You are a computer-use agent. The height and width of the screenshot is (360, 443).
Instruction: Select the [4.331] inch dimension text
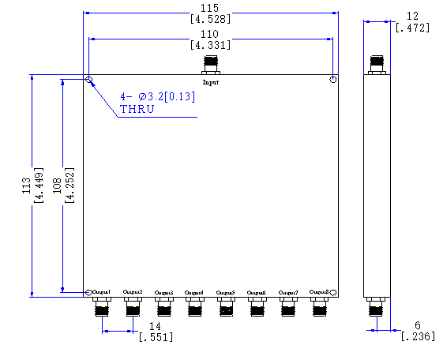(x=210, y=45)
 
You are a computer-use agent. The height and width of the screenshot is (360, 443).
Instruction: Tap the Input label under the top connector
(x=210, y=82)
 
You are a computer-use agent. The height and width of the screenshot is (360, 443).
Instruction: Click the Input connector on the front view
(x=210, y=64)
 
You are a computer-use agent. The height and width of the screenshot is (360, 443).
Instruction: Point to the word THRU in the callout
(x=137, y=109)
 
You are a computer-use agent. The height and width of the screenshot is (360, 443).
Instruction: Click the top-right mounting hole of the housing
(x=333, y=80)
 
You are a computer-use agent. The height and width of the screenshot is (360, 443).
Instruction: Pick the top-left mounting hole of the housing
(x=88, y=80)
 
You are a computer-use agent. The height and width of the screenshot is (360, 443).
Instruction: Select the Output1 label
(x=101, y=292)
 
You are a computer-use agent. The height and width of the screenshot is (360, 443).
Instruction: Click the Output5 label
(x=226, y=293)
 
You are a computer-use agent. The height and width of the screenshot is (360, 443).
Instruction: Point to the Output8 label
(x=319, y=291)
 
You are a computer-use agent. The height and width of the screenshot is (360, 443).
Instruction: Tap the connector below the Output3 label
(x=163, y=306)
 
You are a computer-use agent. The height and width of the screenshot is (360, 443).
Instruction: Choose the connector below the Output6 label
(x=257, y=306)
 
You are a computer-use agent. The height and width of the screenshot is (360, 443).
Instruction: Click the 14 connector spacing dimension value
(x=156, y=326)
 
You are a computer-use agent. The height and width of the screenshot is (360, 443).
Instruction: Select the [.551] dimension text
(x=156, y=337)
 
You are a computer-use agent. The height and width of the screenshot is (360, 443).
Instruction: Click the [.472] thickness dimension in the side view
(x=411, y=28)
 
